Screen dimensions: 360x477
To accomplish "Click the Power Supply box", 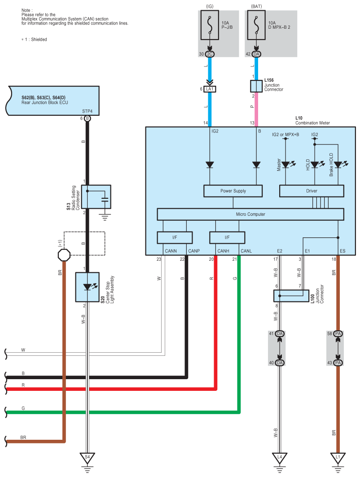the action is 233,191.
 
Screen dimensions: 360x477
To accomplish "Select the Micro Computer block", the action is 250,214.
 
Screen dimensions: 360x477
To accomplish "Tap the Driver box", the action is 312,191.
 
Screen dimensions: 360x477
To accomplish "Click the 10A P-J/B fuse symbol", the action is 210,25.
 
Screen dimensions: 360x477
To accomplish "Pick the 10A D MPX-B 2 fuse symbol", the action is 256,25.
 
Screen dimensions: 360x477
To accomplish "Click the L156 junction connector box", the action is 256,86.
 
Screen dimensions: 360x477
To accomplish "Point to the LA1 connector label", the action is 210,89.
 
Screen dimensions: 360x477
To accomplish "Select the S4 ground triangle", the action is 88,458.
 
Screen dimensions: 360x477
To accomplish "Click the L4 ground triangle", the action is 280,458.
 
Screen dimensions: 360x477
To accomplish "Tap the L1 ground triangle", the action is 338,458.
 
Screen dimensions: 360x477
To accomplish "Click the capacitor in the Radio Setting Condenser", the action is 105,200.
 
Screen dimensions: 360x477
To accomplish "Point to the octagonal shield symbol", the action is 64,255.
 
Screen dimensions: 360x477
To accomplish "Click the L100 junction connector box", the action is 291,296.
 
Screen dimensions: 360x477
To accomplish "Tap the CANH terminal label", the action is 223,251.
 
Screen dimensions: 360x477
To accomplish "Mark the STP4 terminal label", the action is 87,111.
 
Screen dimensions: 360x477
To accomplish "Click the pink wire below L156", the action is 256,109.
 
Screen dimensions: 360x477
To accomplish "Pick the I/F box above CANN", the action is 175,237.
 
